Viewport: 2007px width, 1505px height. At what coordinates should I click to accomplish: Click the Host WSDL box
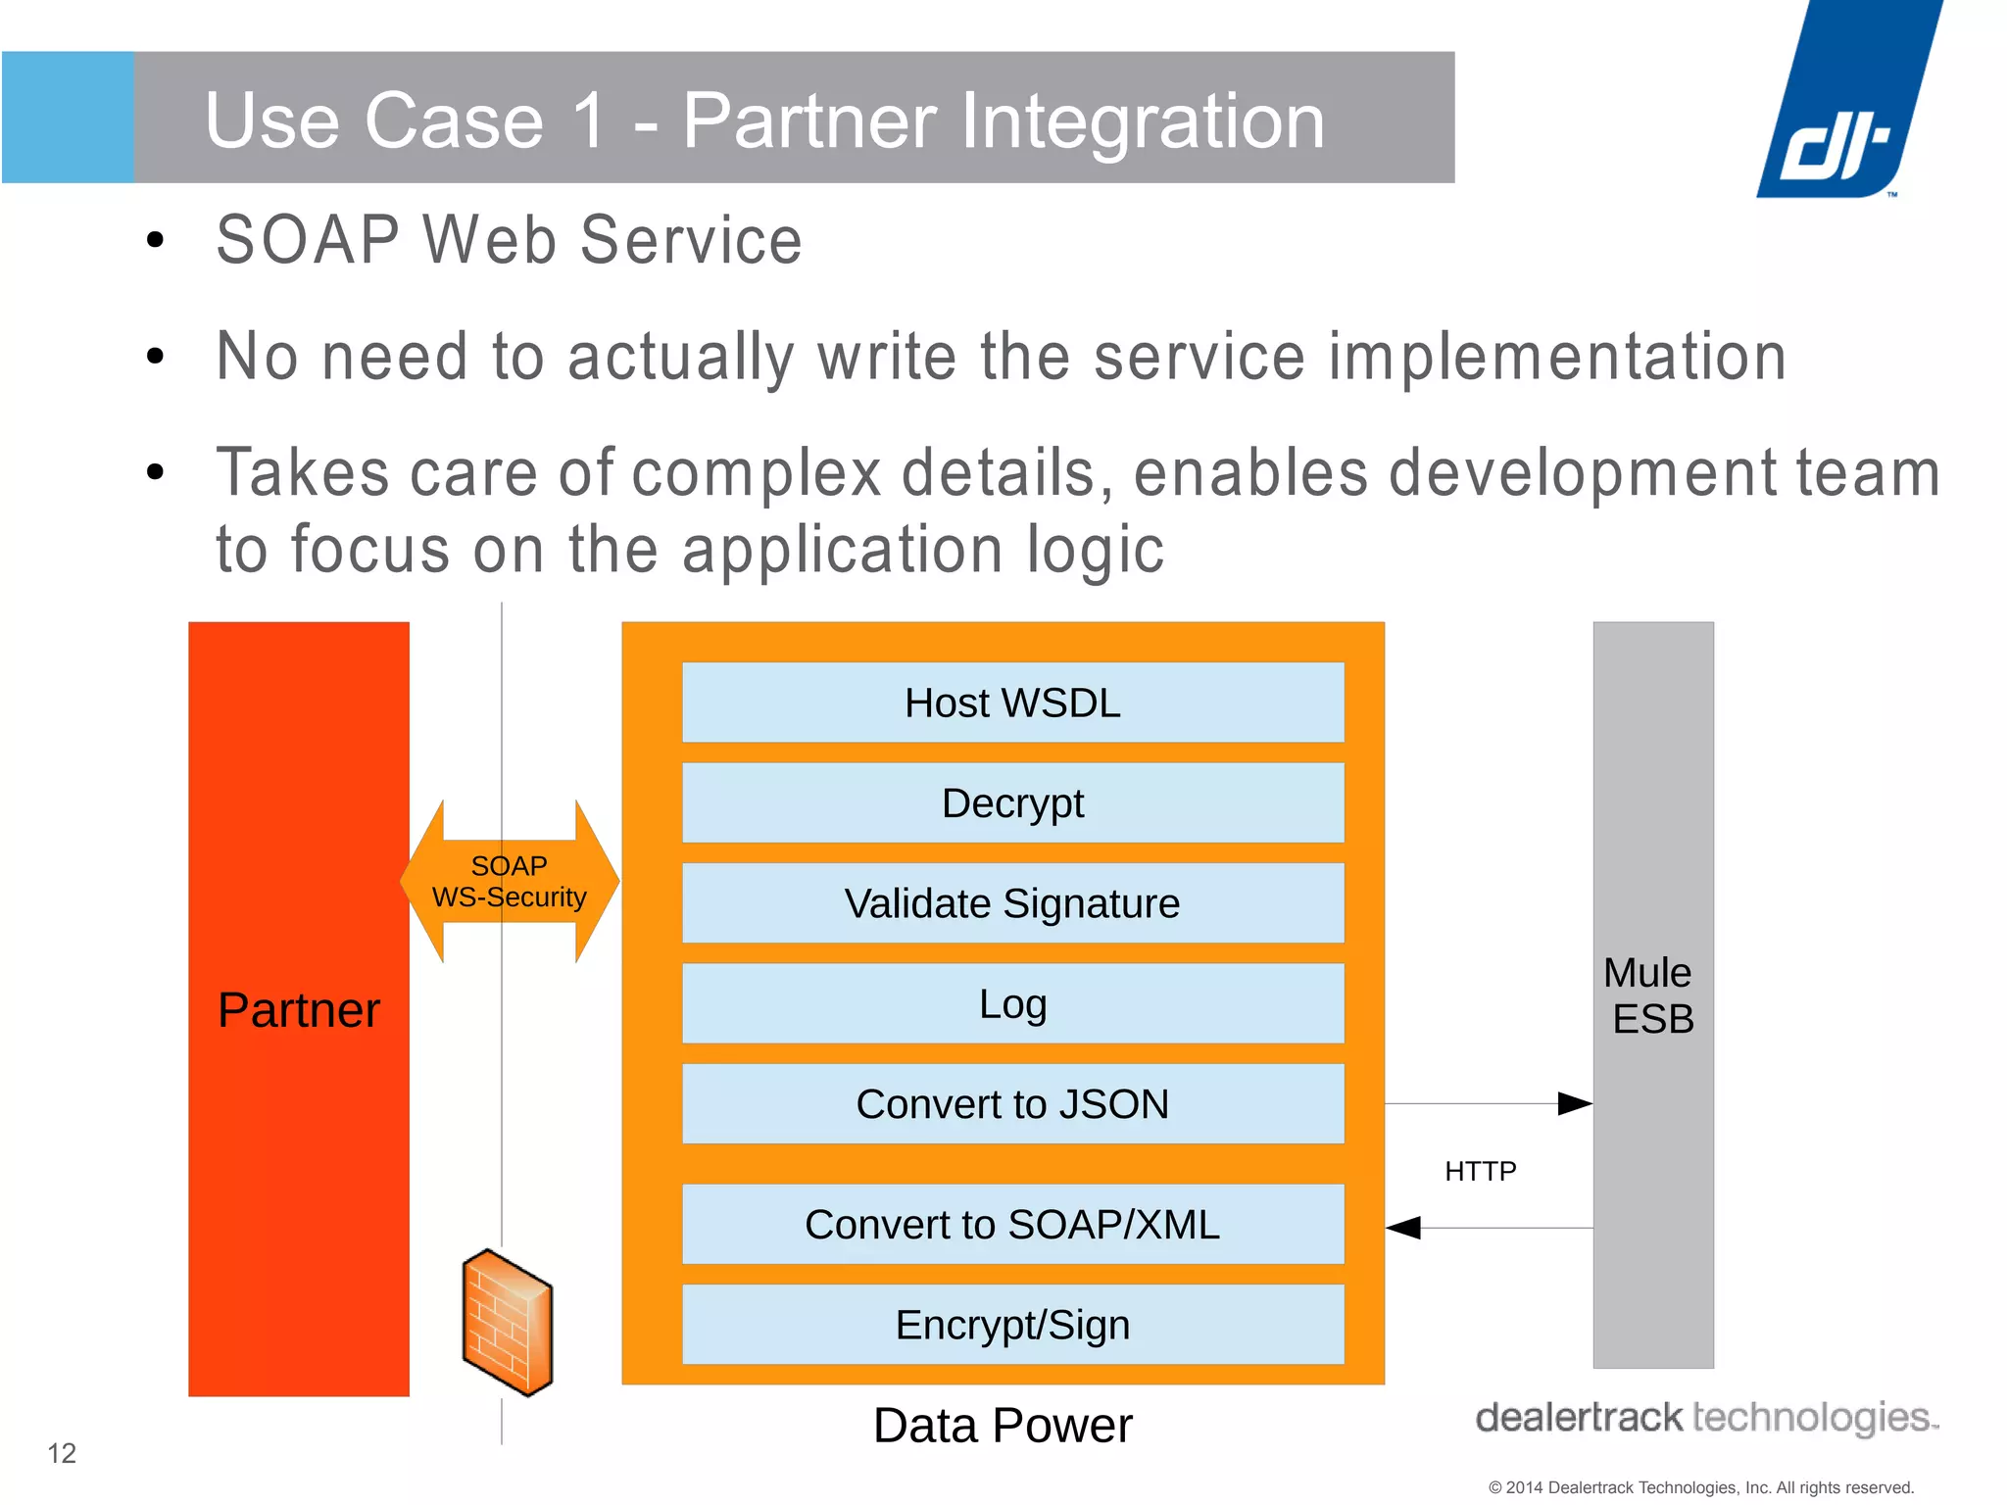1012,703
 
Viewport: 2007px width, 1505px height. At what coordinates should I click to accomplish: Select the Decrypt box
1012,803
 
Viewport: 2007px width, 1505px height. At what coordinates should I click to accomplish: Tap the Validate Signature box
1012,903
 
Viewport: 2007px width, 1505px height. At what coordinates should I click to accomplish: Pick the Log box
1012,1004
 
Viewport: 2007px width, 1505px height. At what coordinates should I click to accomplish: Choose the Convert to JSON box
1012,1104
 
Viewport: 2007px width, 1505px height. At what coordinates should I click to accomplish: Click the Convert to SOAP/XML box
1012,1225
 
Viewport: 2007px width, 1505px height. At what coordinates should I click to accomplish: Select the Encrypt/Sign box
1012,1325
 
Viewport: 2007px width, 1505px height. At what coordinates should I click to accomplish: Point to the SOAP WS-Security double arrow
510,881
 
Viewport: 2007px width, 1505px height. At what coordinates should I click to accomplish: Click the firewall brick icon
508,1322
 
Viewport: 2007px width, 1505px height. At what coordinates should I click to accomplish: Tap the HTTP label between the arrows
1480,1171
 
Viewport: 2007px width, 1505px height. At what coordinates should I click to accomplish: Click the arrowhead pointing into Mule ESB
1574,1104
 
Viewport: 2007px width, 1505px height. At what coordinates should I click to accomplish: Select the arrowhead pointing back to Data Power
1403,1228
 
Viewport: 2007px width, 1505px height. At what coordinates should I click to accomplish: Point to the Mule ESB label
1651,995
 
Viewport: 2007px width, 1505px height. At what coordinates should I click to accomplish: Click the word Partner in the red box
299,1010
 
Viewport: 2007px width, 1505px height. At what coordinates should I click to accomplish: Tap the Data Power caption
1003,1426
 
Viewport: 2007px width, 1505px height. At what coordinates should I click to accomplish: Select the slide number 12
62,1453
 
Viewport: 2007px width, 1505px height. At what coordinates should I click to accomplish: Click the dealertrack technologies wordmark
1705,1418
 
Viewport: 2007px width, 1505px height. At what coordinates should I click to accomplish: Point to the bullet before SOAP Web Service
155,240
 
